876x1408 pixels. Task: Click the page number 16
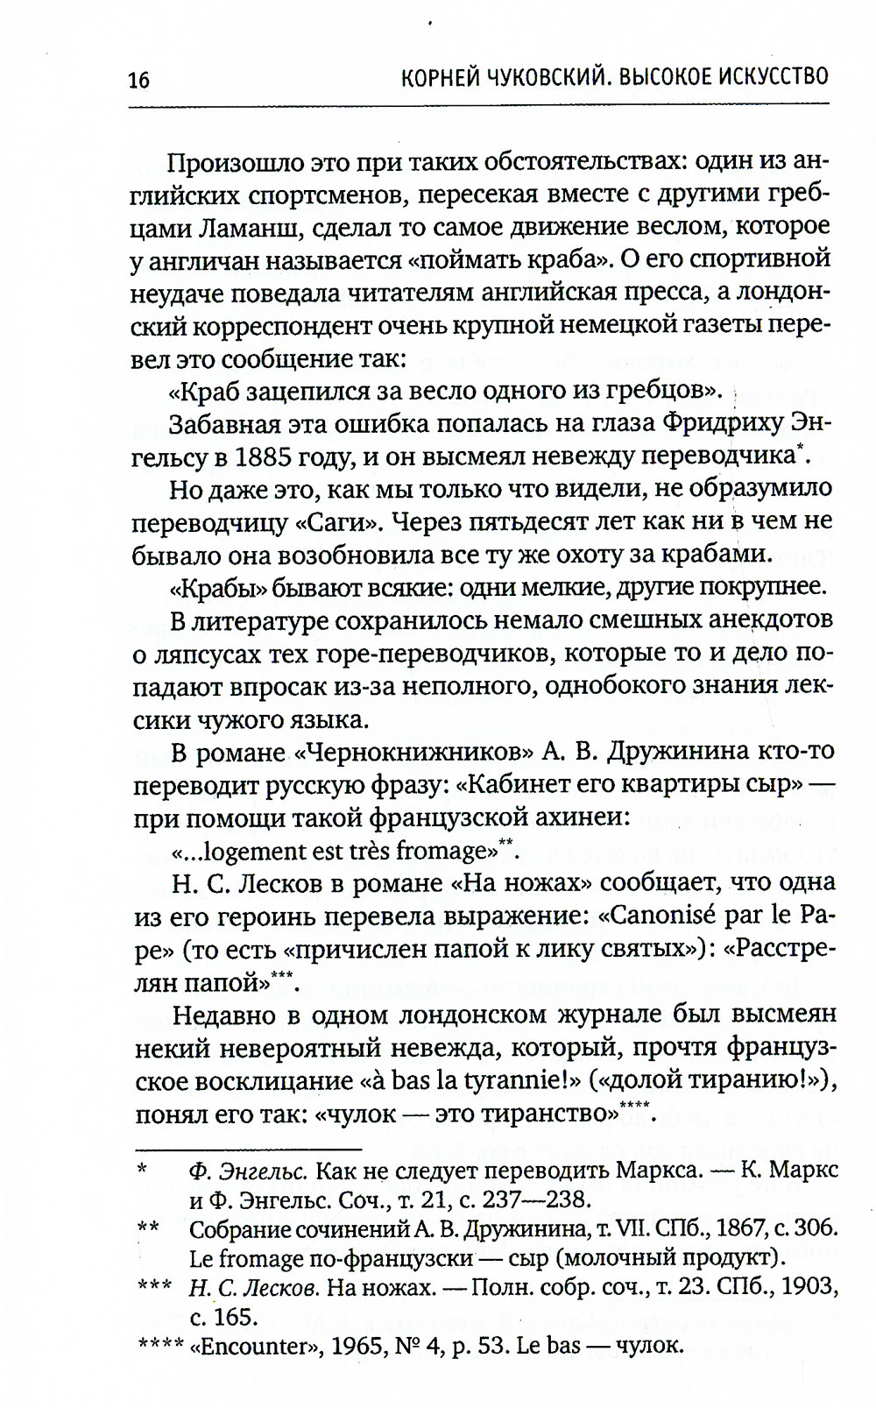[x=138, y=81]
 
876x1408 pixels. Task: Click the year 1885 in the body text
[x=271, y=456]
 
